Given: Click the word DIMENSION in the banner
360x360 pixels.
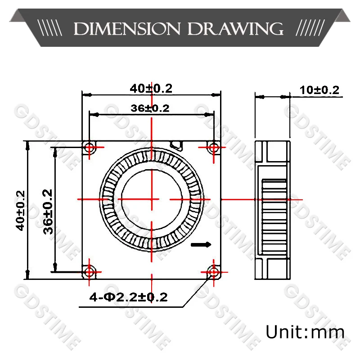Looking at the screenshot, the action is coord(127,29).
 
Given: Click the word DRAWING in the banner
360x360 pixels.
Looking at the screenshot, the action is coord(235,29).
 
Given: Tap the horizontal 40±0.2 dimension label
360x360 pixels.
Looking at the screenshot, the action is coord(151,88).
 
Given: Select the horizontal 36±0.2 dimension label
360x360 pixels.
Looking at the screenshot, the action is coord(150,108).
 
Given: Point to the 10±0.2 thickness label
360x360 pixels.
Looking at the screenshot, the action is coord(319,90).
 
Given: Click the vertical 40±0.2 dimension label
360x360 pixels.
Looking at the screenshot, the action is coord(20,210).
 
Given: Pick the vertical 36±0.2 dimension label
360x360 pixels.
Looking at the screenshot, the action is coord(48,211).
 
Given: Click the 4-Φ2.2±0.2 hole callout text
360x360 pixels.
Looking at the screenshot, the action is coord(128,297).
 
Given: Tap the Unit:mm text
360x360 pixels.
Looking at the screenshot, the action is coord(305,332).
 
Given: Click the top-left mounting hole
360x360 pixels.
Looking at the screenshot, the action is coord(89,147).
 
